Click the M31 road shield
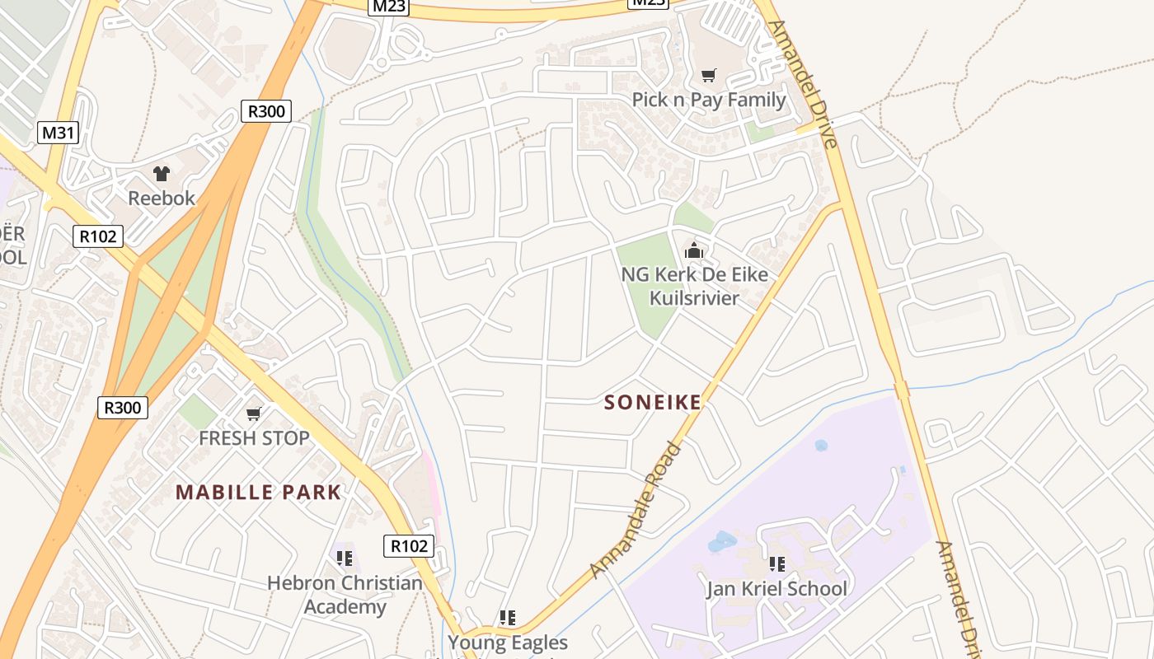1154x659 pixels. pos(59,133)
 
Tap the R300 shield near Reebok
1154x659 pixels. pos(266,111)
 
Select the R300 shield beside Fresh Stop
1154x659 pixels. pos(123,407)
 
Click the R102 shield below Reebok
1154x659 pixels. pos(98,236)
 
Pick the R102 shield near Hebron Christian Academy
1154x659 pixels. pos(409,545)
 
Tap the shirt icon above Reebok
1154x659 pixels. pos(162,174)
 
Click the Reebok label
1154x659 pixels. pos(162,198)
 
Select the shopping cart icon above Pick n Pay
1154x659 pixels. pos(708,76)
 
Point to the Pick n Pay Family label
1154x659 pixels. pos(709,100)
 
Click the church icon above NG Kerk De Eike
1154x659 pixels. pos(694,250)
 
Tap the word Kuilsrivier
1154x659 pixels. pos(694,297)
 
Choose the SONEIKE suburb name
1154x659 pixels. pos(653,402)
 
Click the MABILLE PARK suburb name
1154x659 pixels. pos(258,493)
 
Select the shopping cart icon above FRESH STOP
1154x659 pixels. pos(254,414)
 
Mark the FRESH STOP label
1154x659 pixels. pos(254,438)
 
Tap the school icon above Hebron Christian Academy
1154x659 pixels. pos(345,559)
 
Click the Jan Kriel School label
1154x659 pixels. pos(776,588)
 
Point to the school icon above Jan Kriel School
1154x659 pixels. pos(776,564)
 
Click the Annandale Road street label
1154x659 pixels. pos(637,511)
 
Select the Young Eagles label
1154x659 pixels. pos(508,642)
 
